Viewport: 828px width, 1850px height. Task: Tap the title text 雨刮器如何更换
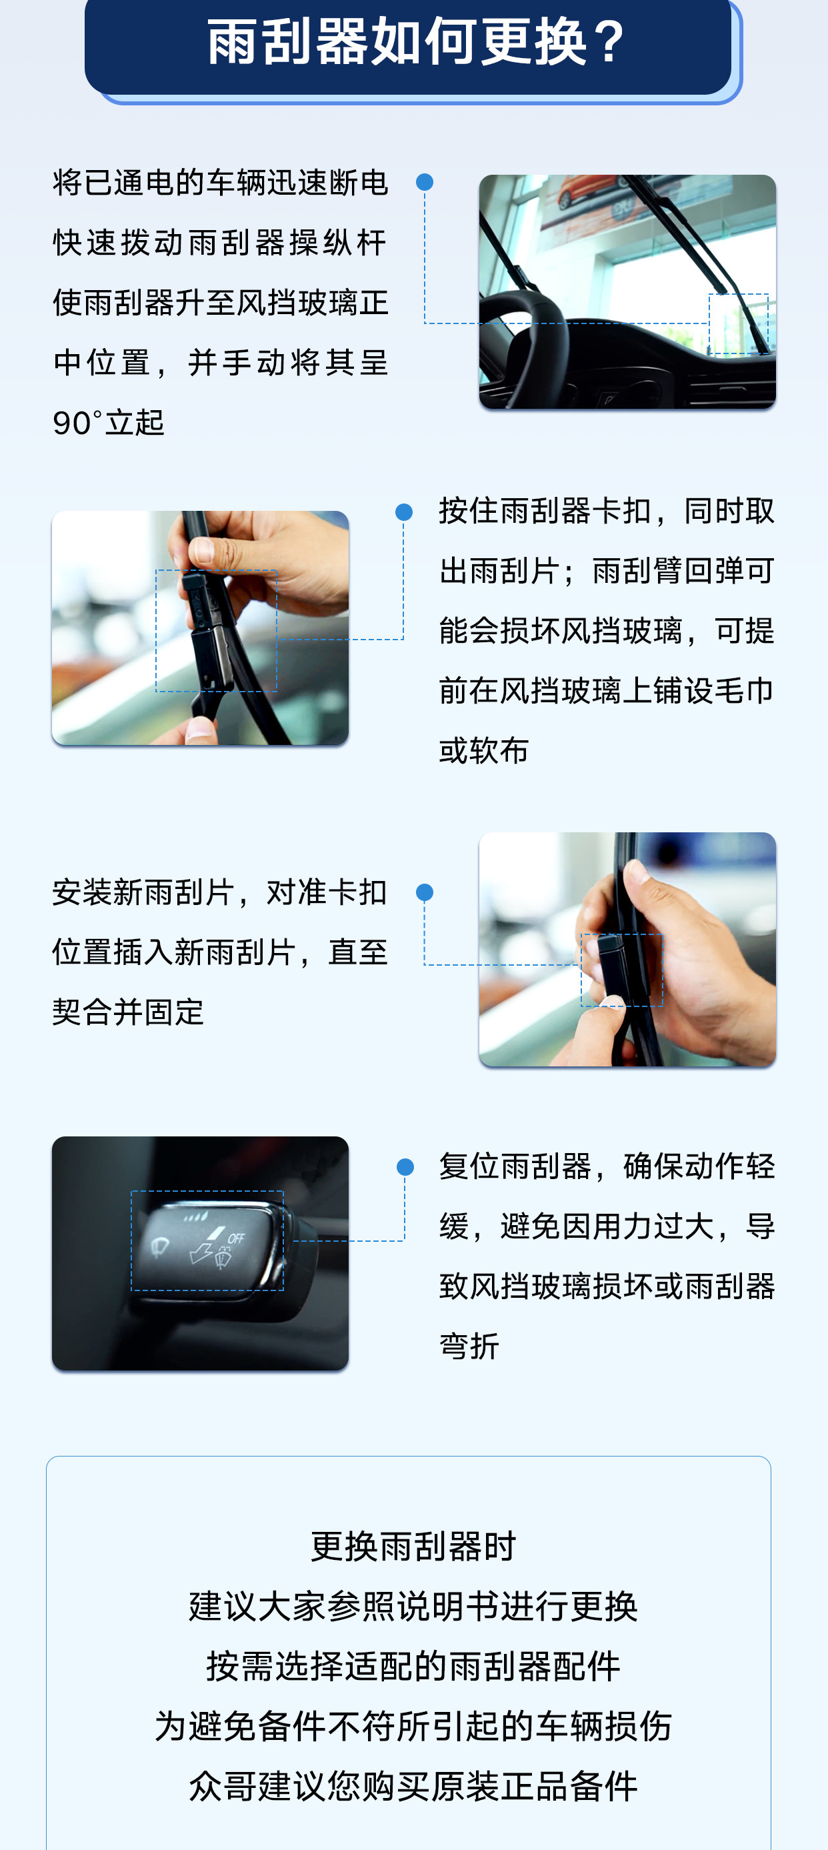coord(397,41)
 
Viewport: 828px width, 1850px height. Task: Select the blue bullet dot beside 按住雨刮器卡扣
coord(403,512)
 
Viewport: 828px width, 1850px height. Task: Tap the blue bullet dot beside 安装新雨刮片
coord(425,892)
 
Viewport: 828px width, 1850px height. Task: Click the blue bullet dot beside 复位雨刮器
coord(405,1167)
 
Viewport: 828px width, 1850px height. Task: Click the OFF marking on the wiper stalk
coord(236,1238)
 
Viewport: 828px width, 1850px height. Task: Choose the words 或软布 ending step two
coord(484,750)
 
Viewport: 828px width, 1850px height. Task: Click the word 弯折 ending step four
coord(469,1346)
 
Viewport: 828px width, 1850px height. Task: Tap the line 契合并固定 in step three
coord(129,1012)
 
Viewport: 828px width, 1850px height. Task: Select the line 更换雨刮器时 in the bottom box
coord(413,1545)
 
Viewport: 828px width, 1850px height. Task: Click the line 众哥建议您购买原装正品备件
coord(413,1786)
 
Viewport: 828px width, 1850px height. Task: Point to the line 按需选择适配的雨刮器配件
coord(413,1666)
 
